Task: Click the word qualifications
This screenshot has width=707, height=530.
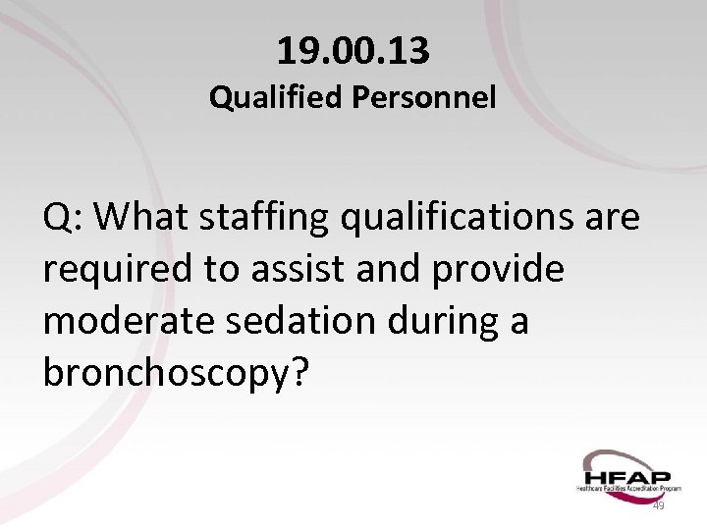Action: click(x=462, y=218)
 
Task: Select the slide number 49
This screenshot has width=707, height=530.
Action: click(x=659, y=505)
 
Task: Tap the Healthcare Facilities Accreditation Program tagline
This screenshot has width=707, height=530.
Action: click(x=629, y=488)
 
